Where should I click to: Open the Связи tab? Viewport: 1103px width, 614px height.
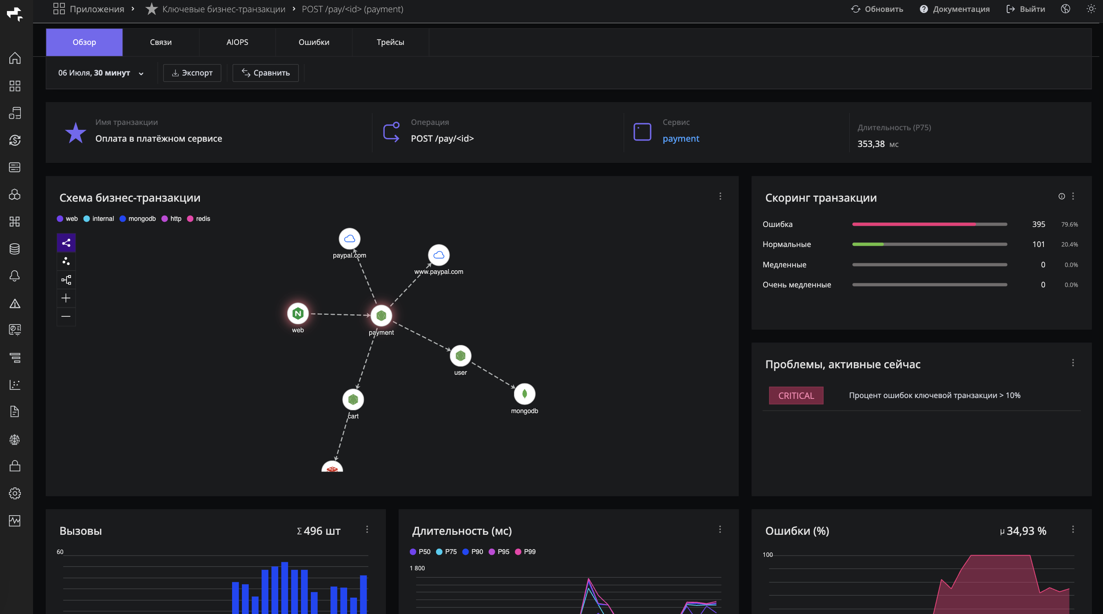[161, 42]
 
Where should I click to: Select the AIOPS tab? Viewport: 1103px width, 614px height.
[237, 42]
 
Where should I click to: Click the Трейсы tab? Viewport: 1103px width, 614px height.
[390, 42]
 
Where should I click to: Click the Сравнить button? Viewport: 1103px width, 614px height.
[266, 73]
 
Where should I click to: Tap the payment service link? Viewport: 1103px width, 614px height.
[681, 138]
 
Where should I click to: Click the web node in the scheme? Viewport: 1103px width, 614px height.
[298, 314]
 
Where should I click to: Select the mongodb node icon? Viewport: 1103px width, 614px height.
[524, 394]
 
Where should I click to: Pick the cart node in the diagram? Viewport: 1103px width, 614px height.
[353, 399]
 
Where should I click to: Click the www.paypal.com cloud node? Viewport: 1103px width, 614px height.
[439, 255]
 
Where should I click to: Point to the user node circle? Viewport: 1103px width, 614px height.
[460, 356]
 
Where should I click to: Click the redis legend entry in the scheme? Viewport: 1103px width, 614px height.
[199, 218]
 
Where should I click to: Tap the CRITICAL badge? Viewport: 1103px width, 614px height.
[796, 396]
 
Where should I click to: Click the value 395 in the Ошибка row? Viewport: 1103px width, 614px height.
[1038, 224]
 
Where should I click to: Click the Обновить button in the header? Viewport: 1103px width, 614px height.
[877, 9]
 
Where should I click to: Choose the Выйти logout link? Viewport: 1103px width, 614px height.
[1025, 9]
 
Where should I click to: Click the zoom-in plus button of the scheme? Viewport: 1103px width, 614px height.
[66, 298]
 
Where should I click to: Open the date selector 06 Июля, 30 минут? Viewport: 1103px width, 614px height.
[101, 73]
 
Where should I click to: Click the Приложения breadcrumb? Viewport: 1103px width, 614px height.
[89, 9]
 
